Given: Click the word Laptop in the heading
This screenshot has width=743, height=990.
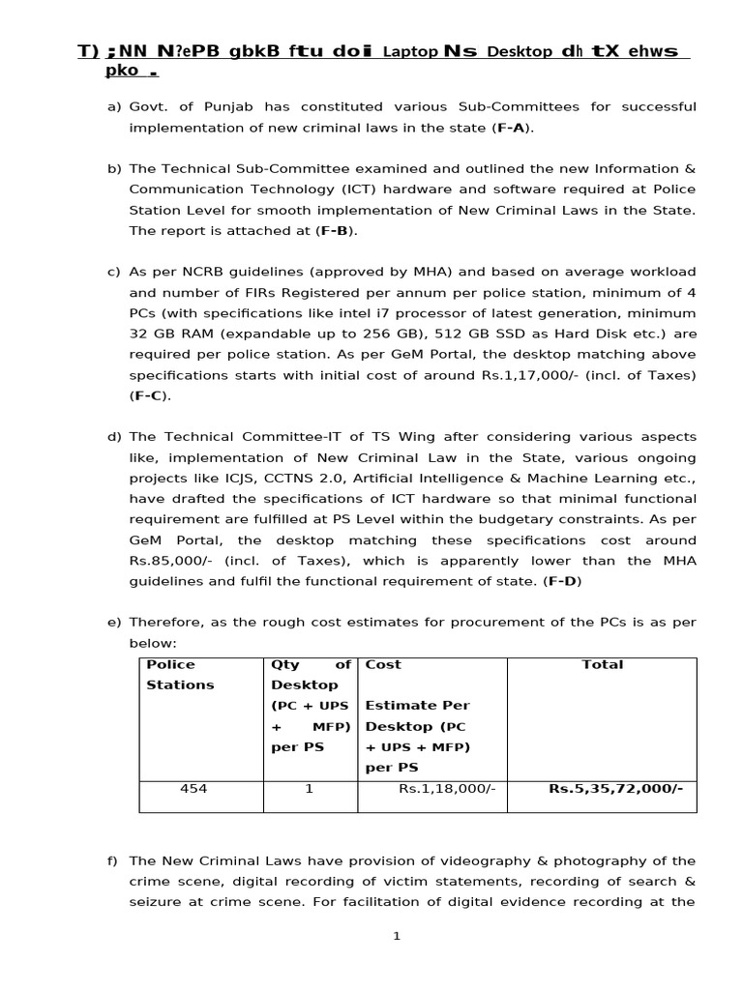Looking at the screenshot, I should (409, 52).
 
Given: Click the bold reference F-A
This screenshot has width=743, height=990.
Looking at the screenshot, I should (512, 127).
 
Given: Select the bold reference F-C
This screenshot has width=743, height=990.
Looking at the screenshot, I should (148, 395).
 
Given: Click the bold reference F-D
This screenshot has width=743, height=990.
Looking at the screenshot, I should (564, 581).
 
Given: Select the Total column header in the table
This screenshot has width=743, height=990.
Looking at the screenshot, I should (602, 665).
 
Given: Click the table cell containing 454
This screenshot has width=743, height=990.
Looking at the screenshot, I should (193, 789).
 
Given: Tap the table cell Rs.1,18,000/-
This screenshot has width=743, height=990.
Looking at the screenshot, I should (447, 789).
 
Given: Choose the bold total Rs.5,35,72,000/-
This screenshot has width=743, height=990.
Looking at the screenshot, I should (615, 789).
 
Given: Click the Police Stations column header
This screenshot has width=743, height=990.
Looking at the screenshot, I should (179, 675).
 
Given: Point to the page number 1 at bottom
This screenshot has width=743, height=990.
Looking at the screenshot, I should (397, 936).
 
